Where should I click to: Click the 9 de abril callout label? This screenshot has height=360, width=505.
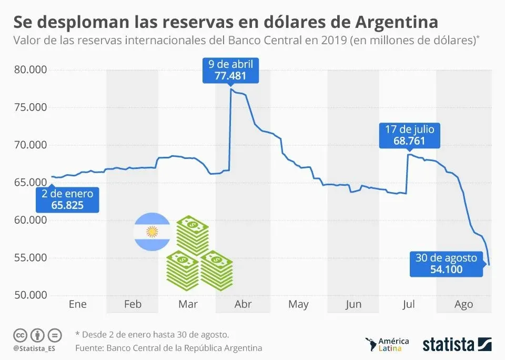point(230,70)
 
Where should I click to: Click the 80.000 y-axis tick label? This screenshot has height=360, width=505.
point(30,70)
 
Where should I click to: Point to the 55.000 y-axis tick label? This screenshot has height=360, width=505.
point(30,258)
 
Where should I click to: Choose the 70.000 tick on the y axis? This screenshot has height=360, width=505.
point(30,145)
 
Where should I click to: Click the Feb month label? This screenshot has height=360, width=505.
point(133,304)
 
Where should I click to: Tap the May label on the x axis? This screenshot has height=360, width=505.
point(298,304)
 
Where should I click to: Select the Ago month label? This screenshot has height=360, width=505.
point(463,304)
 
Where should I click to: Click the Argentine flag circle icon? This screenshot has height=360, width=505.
point(152,232)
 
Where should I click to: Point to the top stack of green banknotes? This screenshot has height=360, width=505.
point(192,234)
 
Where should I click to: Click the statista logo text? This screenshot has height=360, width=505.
point(448,345)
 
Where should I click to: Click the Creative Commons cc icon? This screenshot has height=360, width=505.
point(20,335)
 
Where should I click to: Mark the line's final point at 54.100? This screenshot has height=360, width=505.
point(489,265)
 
